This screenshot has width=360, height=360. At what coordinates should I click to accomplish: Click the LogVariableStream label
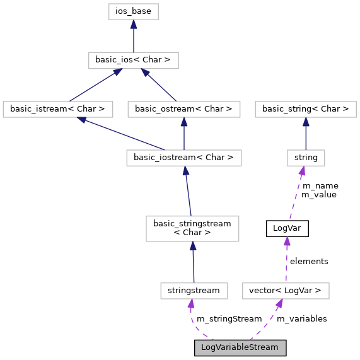tap(240, 347)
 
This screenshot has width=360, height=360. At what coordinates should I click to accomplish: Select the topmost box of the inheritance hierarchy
tap(133, 11)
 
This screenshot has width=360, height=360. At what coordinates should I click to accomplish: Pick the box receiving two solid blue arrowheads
tap(134, 61)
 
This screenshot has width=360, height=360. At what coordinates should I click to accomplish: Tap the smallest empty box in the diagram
tap(306, 158)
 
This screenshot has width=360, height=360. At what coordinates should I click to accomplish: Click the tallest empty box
tap(192, 229)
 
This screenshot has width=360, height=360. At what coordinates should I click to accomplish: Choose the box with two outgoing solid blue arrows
tap(183, 158)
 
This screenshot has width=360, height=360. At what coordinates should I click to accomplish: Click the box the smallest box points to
tap(305, 110)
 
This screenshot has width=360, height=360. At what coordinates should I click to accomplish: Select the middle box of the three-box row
tap(183, 110)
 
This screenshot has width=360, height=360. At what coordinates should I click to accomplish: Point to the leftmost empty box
tap(57, 110)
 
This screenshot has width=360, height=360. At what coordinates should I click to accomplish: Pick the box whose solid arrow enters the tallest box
tap(194, 291)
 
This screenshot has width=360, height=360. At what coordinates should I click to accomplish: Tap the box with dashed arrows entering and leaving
tap(286, 291)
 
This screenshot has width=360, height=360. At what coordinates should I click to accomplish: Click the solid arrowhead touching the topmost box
tap(133, 25)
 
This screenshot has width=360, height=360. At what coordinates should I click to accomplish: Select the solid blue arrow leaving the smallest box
tap(306, 134)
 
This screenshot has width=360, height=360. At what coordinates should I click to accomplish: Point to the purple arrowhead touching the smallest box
tap(303, 171)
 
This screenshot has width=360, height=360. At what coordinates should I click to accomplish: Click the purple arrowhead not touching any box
tap(287, 241)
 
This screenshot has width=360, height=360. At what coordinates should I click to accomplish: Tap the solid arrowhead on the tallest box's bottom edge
tap(192, 247)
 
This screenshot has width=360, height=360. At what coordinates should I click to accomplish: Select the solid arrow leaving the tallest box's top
tap(187, 192)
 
